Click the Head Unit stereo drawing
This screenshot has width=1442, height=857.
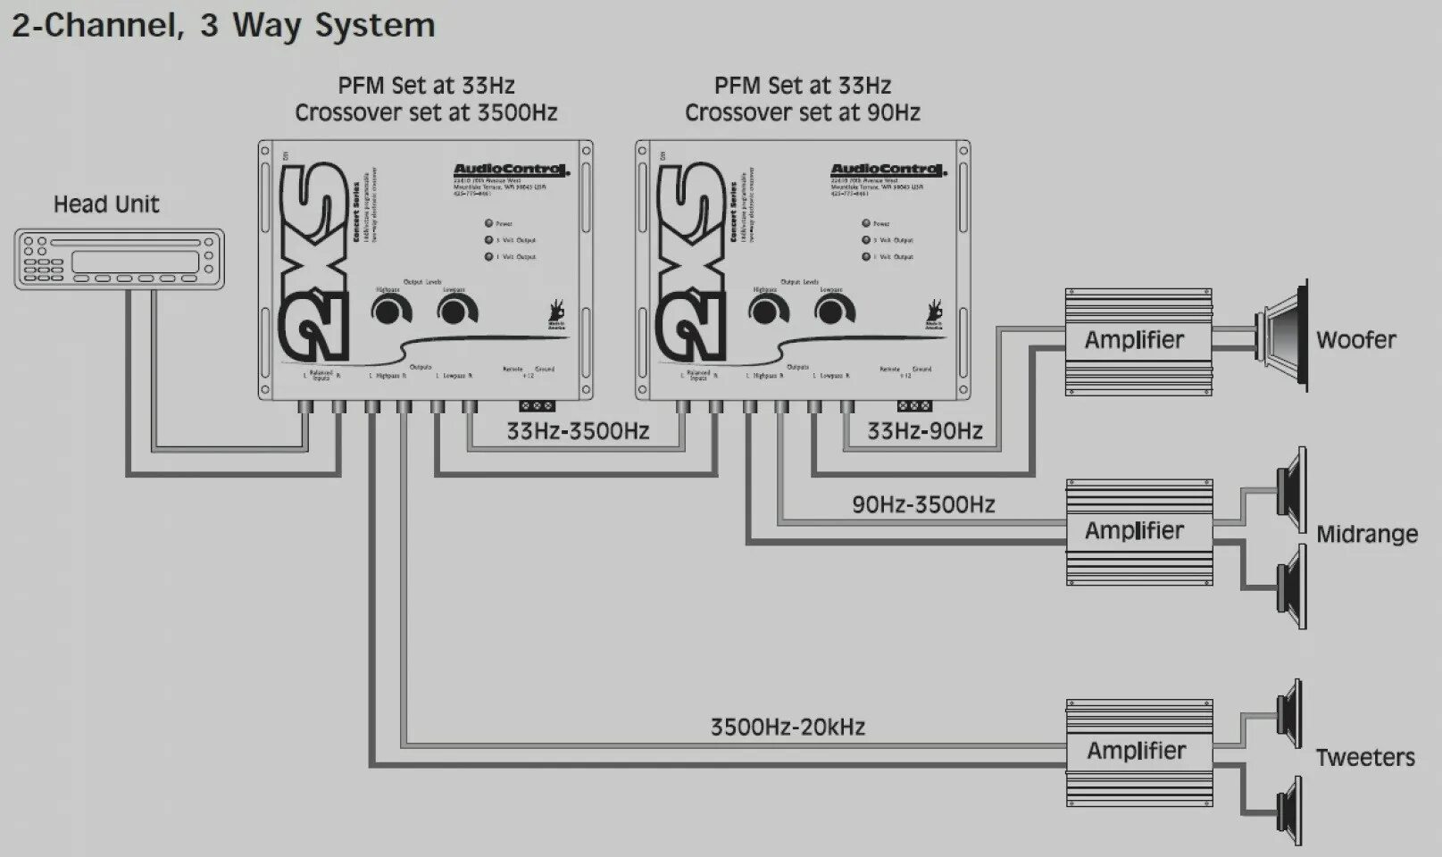[x=119, y=259]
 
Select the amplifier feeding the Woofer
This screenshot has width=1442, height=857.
[x=1138, y=341]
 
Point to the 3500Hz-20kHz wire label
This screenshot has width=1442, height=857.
[x=788, y=727]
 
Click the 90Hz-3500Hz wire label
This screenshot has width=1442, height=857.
[x=923, y=504]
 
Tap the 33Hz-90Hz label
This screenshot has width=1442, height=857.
[x=925, y=431]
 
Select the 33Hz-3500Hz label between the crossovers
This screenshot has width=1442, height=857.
[x=578, y=431]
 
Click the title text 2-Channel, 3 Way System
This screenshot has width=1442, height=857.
[x=223, y=25]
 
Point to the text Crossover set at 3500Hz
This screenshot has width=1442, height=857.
[x=426, y=112]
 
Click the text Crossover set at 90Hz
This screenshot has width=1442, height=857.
[x=802, y=112]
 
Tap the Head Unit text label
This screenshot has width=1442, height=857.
[x=106, y=204]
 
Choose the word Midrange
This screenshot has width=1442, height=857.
[x=1366, y=534]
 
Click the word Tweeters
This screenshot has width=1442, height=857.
[x=1364, y=757]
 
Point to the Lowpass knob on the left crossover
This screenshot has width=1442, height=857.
[x=456, y=311]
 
